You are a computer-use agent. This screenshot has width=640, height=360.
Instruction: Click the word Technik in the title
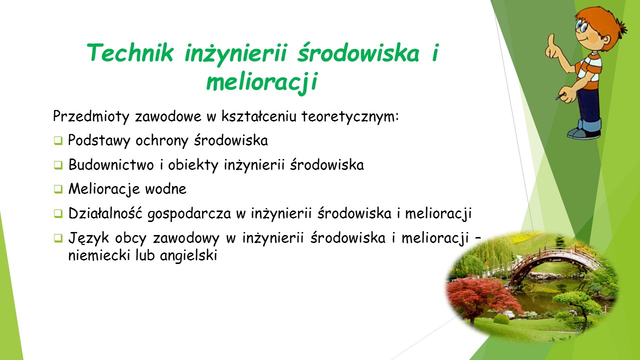(x=130, y=52)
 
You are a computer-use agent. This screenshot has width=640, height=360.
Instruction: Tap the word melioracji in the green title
(x=262, y=81)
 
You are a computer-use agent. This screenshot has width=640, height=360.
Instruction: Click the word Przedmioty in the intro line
(x=91, y=116)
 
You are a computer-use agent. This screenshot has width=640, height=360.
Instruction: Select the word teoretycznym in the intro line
(x=349, y=116)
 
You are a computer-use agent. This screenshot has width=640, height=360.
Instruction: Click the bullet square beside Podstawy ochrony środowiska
(x=58, y=141)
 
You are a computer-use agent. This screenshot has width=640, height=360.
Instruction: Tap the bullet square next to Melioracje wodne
(x=58, y=189)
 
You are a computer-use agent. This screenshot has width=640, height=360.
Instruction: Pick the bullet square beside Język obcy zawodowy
(x=58, y=238)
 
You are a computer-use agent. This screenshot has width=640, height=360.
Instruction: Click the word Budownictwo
(x=111, y=164)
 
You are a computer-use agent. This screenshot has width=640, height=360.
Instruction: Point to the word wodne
(x=165, y=189)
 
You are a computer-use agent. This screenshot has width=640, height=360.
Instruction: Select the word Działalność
(x=105, y=213)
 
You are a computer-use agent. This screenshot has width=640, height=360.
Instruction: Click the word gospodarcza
(x=189, y=214)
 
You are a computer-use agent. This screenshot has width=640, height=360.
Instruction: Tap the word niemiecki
(x=99, y=255)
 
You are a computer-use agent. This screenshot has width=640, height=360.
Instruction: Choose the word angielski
(x=188, y=255)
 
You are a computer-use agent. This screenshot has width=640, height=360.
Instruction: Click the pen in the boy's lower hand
(x=560, y=96)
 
